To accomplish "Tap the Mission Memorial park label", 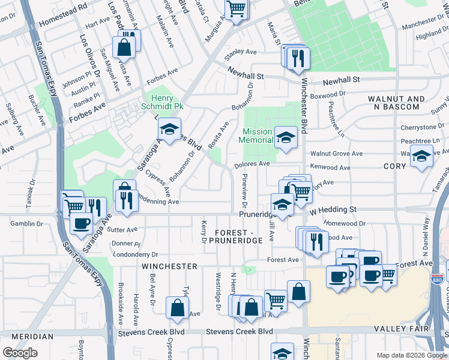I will click(258, 136).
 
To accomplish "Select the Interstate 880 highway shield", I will click(436, 280).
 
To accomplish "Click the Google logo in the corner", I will click(20, 353).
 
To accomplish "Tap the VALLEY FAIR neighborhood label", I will click(400, 329).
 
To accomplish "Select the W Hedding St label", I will click(333, 209).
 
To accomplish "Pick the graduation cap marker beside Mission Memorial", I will click(286, 136).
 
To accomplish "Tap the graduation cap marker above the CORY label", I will click(421, 157).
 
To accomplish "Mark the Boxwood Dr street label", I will click(330, 94).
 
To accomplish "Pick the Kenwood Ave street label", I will click(328, 167).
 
